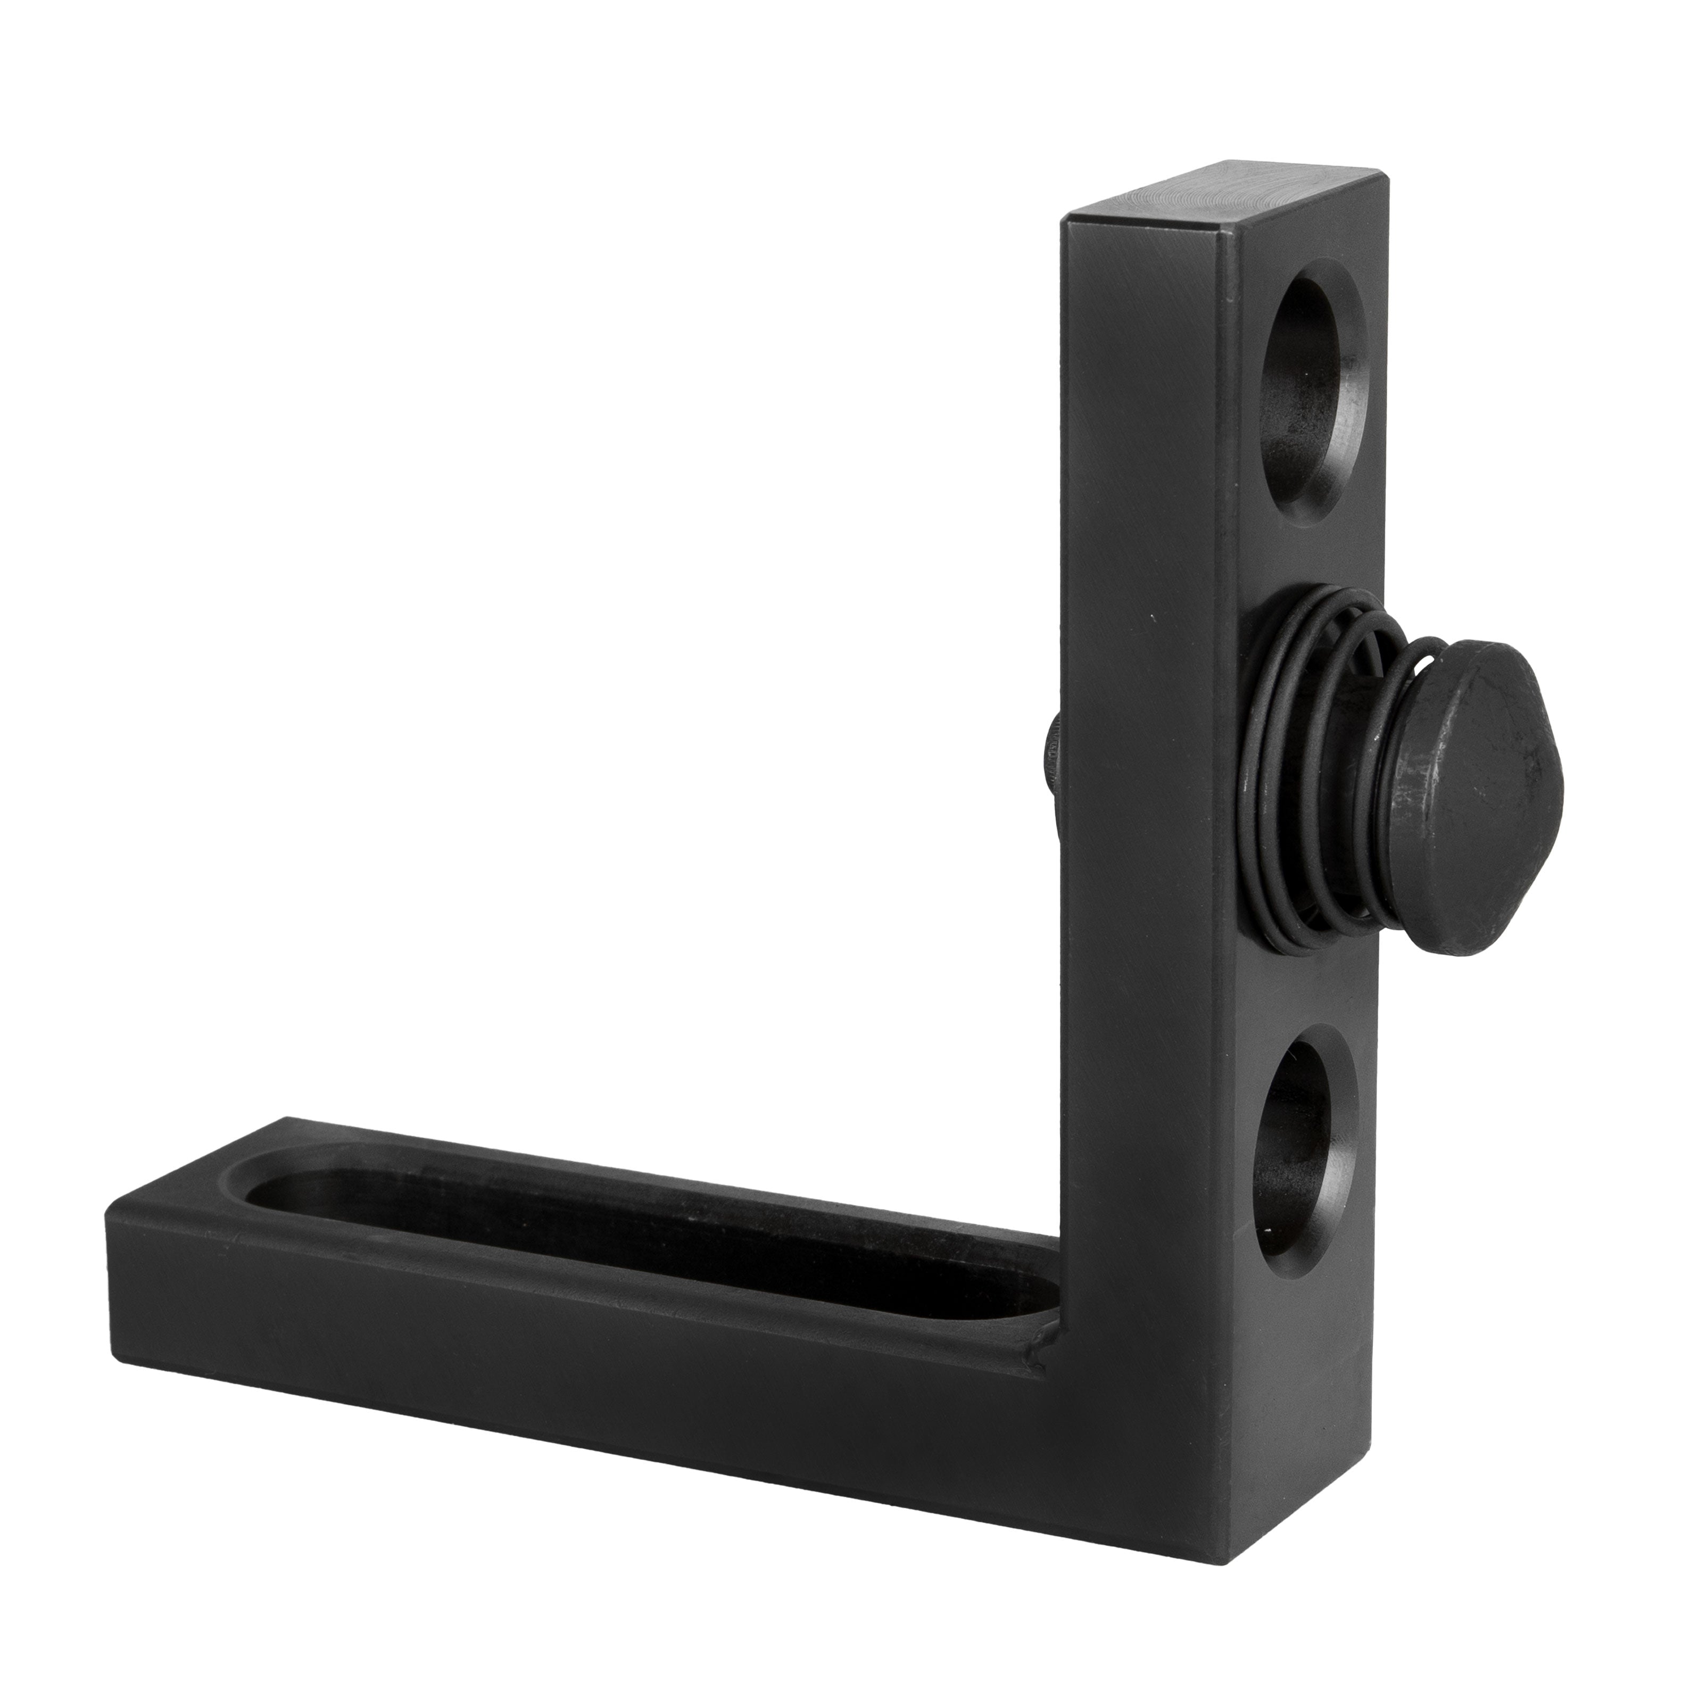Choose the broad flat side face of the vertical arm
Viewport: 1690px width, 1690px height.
(x=1146, y=612)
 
